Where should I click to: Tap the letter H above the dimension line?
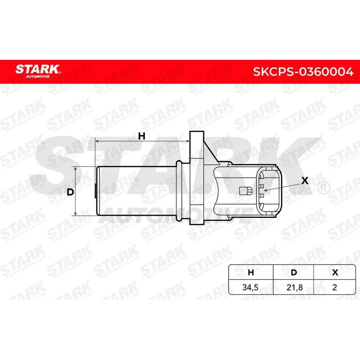(x=141, y=136)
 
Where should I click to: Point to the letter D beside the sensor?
(x=70, y=192)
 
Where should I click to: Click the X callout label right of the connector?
(x=305, y=181)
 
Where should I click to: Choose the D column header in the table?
(x=293, y=272)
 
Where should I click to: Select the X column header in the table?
(x=334, y=272)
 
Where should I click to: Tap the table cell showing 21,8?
(x=293, y=287)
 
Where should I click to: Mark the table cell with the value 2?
(x=334, y=287)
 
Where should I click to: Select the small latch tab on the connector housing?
(x=246, y=191)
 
